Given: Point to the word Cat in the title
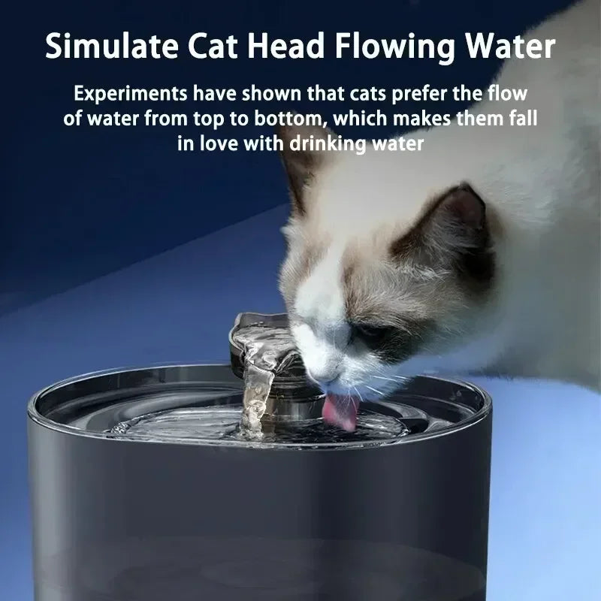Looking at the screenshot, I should coord(225,47).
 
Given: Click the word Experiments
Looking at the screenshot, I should coord(130,95).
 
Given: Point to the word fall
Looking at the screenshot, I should coord(523,119).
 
